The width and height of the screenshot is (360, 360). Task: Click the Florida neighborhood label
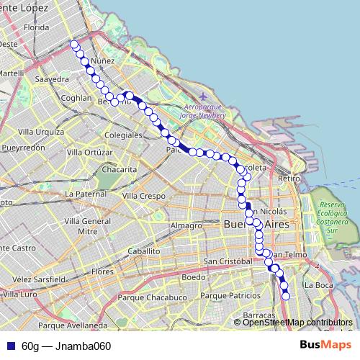[35, 27]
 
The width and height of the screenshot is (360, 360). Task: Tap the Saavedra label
[51, 79]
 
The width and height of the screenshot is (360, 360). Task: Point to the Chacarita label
[119, 169]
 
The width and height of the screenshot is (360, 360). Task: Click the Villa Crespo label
[143, 196]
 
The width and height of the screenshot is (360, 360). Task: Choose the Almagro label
[186, 225]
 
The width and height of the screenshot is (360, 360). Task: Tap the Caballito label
[143, 251]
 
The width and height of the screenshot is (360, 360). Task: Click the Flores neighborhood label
[103, 271]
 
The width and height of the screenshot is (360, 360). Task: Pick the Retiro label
[288, 178]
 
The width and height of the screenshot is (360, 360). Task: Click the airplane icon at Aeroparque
[204, 96]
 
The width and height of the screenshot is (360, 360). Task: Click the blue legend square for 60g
[11, 346]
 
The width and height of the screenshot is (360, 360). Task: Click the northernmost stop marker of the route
[73, 45]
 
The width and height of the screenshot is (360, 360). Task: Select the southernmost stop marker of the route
[286, 295]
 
